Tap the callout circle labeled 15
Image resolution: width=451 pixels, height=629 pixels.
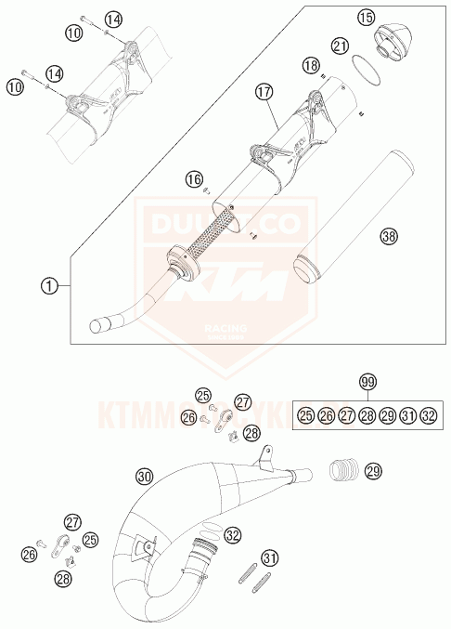tap(367, 17)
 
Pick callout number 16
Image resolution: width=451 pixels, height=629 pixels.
tap(192, 177)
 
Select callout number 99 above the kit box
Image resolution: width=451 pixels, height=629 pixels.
tap(367, 381)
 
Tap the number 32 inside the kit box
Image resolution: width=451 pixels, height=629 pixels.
tap(428, 416)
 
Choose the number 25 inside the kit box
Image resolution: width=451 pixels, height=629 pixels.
tap(305, 416)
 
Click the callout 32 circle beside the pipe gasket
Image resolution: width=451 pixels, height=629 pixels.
tap(232, 535)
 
